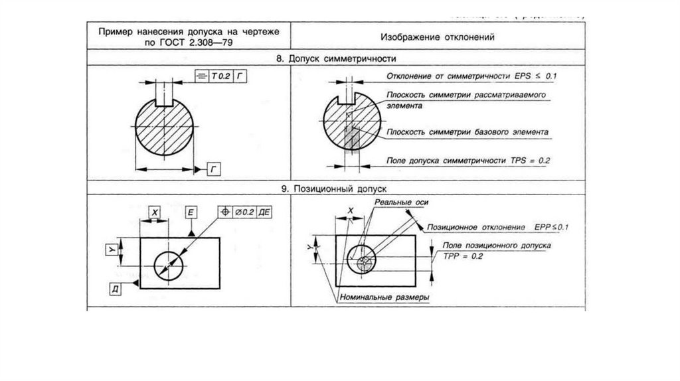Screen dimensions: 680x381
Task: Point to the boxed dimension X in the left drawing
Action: click(x=155, y=212)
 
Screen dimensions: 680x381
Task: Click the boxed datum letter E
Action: click(x=191, y=212)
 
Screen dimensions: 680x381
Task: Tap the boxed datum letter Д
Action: click(x=116, y=286)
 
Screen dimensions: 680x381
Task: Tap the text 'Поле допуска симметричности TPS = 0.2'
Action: click(x=469, y=160)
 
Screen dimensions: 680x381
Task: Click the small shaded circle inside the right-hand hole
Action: click(x=363, y=264)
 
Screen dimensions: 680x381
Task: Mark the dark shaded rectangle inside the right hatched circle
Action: click(x=351, y=140)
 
